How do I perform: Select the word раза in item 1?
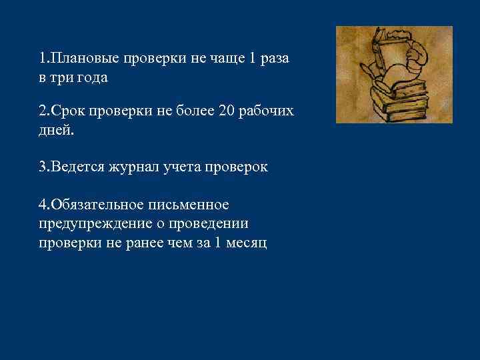(274, 59)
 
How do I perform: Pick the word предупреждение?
(89, 223)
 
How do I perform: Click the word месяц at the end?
(248, 242)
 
